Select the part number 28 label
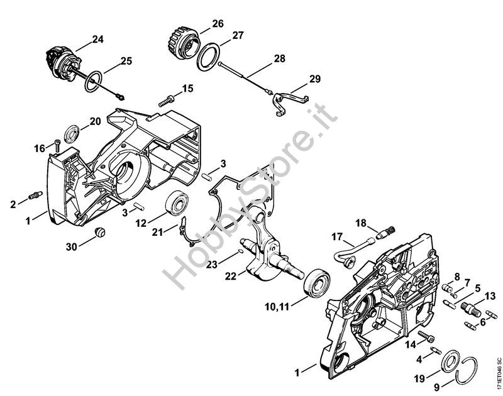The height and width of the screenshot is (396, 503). click(279, 59)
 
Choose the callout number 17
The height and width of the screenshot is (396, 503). click(337, 236)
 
